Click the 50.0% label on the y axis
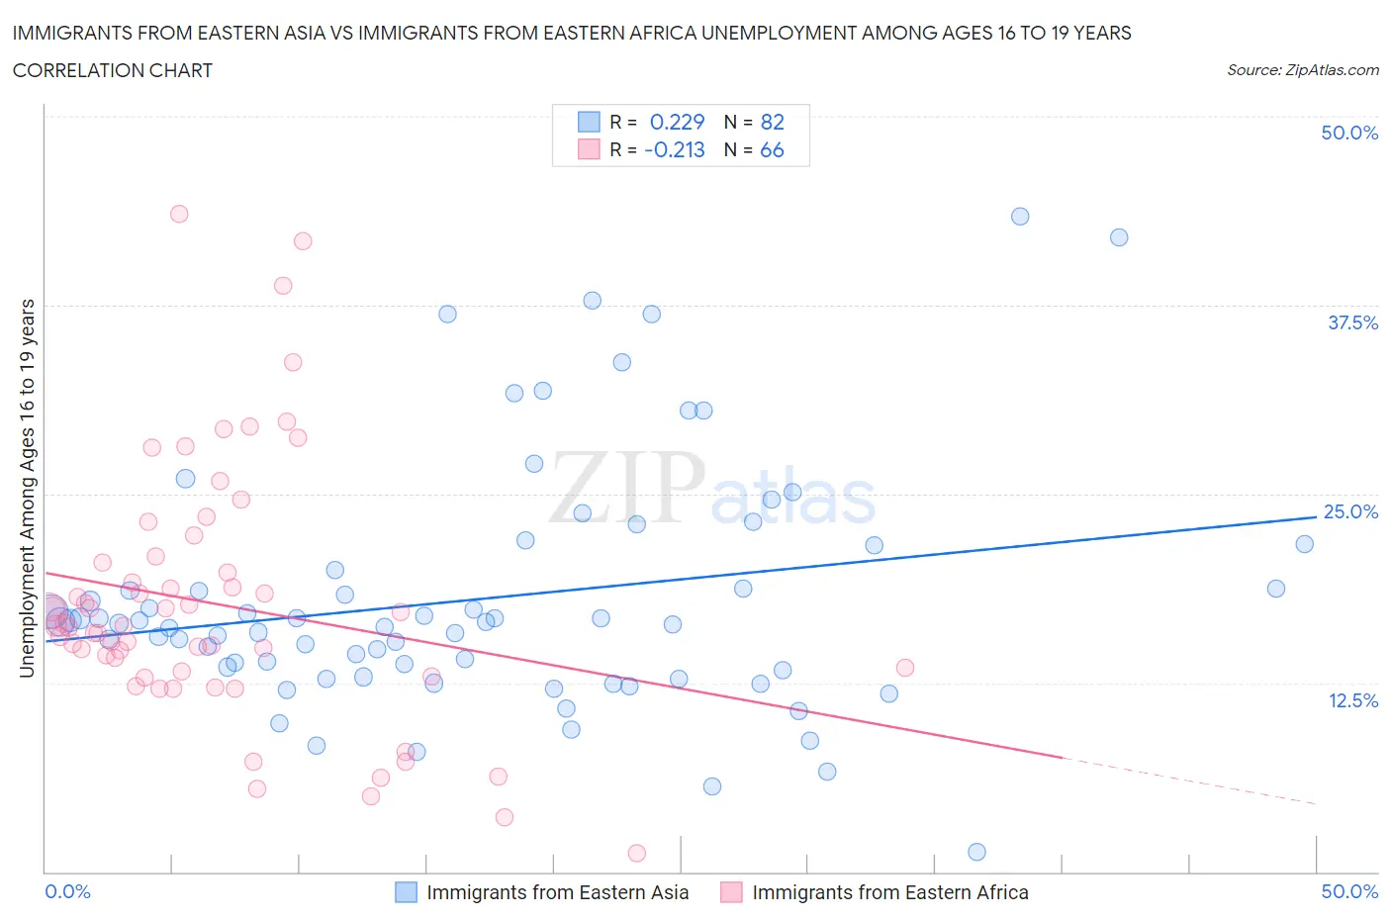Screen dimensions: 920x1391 pyautogui.click(x=1349, y=133)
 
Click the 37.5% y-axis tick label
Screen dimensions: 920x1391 pyautogui.click(x=1352, y=322)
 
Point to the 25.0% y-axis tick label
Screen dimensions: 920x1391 pyautogui.click(x=1350, y=511)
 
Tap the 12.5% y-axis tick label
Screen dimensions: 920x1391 pyautogui.click(x=1352, y=700)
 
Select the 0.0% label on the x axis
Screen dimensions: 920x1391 pyautogui.click(x=68, y=891)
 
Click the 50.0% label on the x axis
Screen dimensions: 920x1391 pyautogui.click(x=1349, y=891)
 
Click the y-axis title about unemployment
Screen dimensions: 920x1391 pyautogui.click(x=27, y=488)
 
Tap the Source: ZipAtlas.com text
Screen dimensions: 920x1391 pyautogui.click(x=1302, y=69)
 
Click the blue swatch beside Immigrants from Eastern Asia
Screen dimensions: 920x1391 pyautogui.click(x=406, y=892)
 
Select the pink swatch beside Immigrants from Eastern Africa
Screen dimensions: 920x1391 pyautogui.click(x=731, y=892)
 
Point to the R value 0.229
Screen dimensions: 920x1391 pyautogui.click(x=677, y=122)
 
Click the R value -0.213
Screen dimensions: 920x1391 pyautogui.click(x=674, y=149)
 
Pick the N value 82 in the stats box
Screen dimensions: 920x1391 pyautogui.click(x=772, y=122)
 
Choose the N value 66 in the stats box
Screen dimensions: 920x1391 pyautogui.click(x=772, y=149)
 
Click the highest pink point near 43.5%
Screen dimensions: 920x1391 pyautogui.click(x=179, y=214)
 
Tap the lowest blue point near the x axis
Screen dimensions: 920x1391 pyautogui.click(x=976, y=852)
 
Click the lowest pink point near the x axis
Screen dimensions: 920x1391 pyautogui.click(x=637, y=853)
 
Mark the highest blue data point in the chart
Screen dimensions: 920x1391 pyautogui.click(x=1020, y=217)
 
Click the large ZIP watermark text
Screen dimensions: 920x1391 pyautogui.click(x=626, y=487)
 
